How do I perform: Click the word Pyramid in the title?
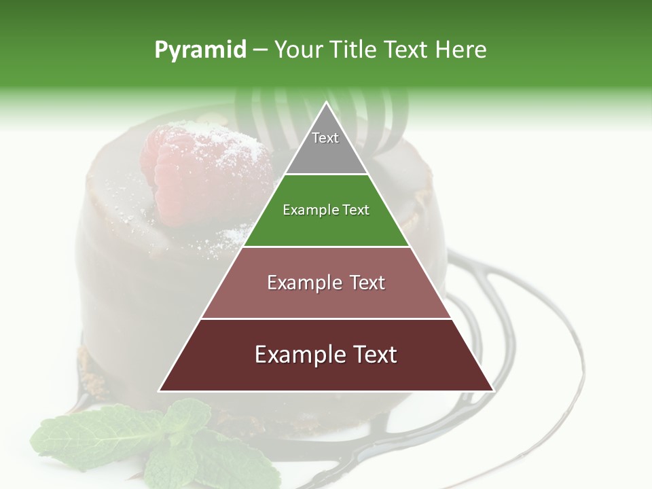(x=200, y=50)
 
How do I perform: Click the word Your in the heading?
(x=298, y=50)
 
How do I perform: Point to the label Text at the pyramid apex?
(x=325, y=138)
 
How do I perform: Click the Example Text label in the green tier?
(x=326, y=210)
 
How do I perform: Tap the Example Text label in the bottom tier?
(x=326, y=355)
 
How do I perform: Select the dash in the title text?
(x=259, y=50)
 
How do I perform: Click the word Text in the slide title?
(x=407, y=50)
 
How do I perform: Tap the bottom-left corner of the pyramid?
(x=160, y=391)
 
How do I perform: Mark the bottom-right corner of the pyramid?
(x=493, y=391)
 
